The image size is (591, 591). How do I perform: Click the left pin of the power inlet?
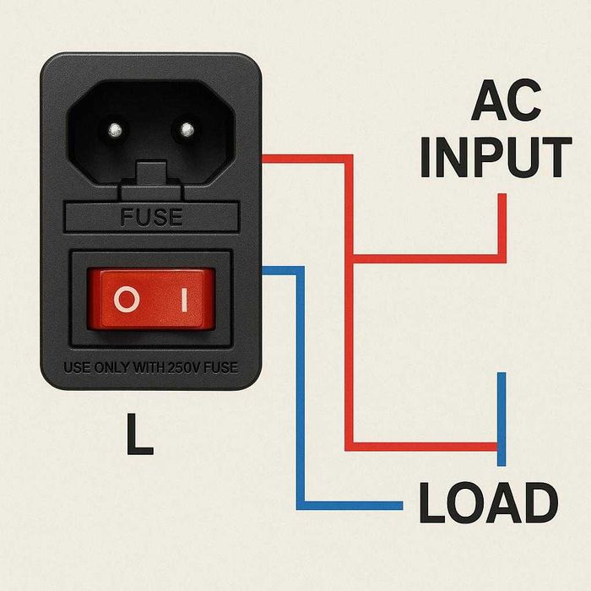tap(112, 131)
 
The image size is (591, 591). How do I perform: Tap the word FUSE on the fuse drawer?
tap(151, 217)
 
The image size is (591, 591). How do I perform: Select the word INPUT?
tap(495, 156)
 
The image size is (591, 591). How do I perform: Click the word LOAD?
tap(489, 504)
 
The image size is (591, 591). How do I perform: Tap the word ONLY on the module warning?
tap(111, 369)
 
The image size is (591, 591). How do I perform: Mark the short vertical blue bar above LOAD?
tap(502, 418)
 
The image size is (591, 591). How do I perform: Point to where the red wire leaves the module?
tap(264, 159)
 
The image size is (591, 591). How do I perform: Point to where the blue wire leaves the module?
tap(264, 271)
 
